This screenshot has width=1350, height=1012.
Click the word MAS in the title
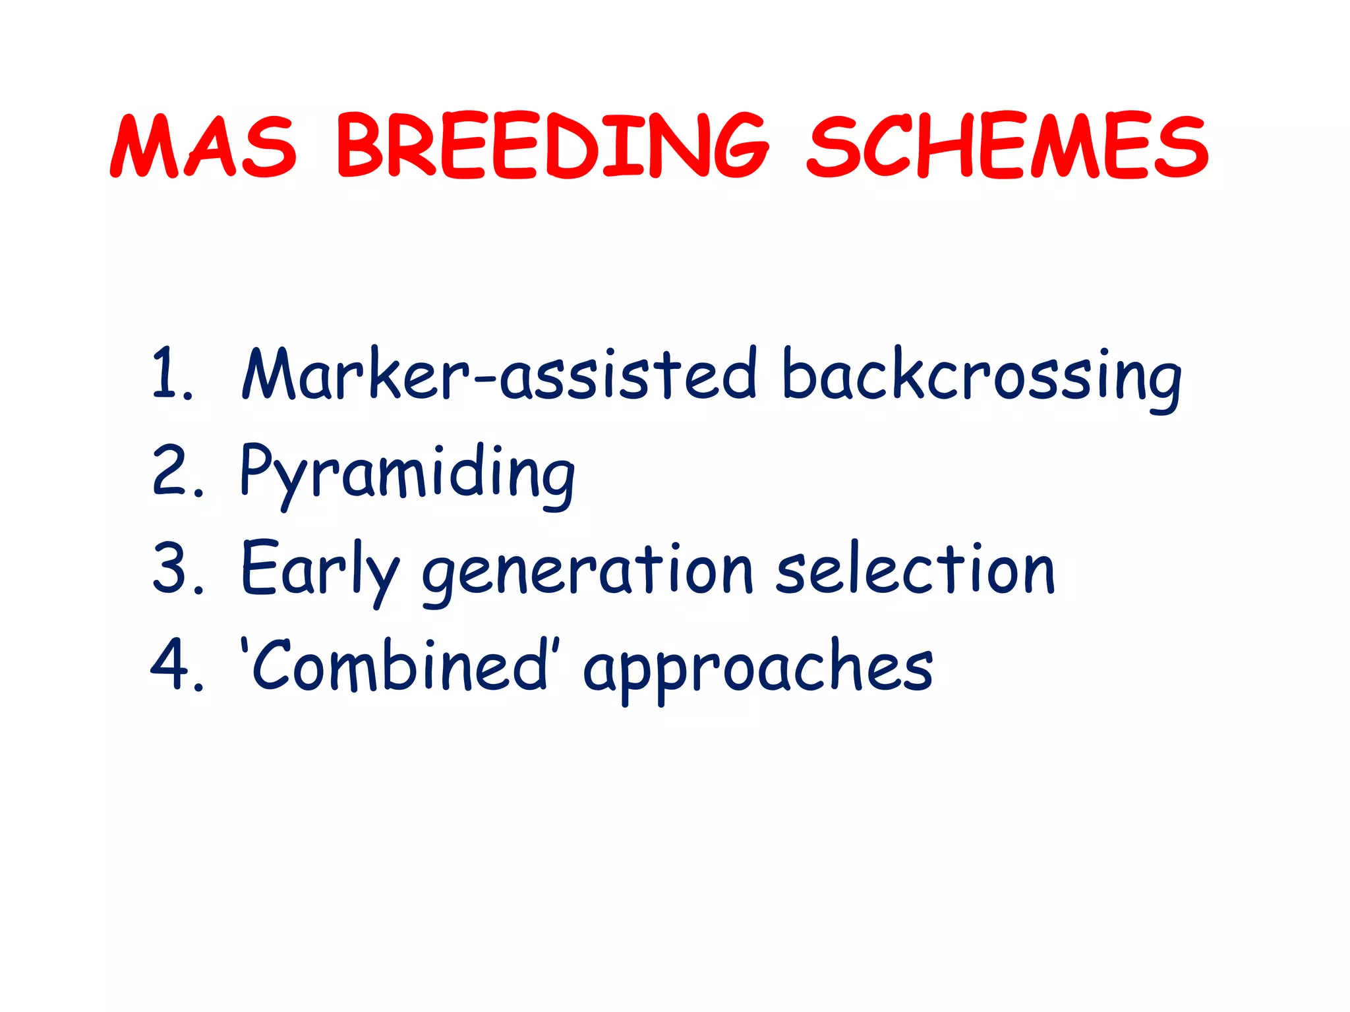(203, 146)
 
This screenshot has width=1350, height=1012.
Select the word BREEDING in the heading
(552, 146)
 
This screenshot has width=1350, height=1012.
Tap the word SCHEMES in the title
(1007, 146)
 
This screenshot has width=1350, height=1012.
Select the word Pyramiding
(407, 473)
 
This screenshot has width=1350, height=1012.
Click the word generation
(587, 571)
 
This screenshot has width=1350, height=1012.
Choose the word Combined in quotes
(399, 665)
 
